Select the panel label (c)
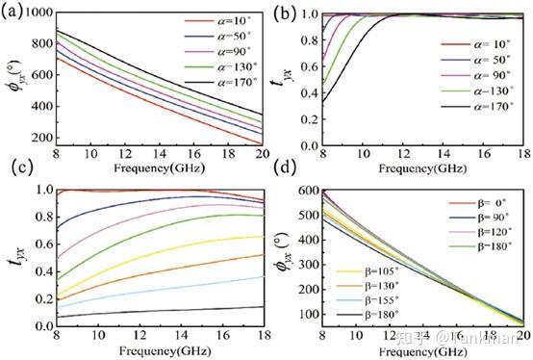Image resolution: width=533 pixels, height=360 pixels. tap(13, 176)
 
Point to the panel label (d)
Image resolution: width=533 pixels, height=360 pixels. tap(278, 176)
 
